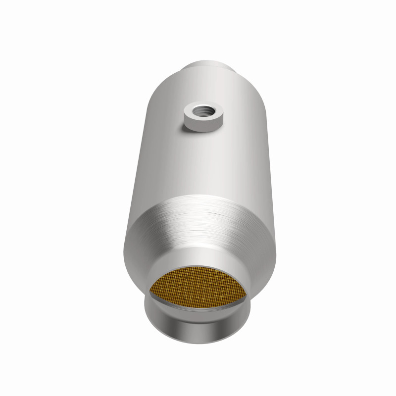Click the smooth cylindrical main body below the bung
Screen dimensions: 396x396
[x=198, y=163]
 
